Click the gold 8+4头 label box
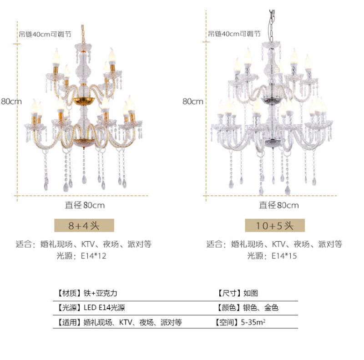(x=84, y=225)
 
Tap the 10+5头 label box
(x=275, y=225)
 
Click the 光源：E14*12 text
(x=84, y=256)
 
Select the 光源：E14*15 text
(x=275, y=256)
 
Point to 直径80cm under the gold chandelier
(x=85, y=205)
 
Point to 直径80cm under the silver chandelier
(x=278, y=205)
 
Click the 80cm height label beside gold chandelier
(x=11, y=101)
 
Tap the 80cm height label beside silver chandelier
(x=193, y=101)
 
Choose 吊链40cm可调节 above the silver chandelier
(x=234, y=34)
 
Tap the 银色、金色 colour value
(x=261, y=308)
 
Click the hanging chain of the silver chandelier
(x=273, y=23)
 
